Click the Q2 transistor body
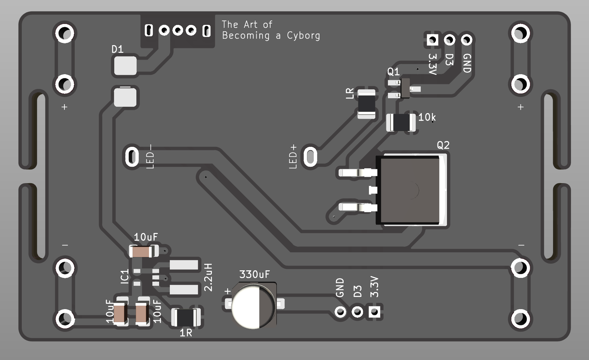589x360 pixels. (410, 190)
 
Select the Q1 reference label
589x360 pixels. (393, 72)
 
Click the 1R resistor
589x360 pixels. (186, 317)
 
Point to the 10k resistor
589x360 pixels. (401, 122)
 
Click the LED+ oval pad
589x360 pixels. (310, 157)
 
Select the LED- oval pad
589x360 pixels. (132, 157)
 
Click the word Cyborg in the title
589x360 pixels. (303, 36)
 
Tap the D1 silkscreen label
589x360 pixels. (117, 49)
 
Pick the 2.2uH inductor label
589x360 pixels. (208, 277)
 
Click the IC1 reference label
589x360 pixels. (125, 277)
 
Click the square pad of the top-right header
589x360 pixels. (432, 40)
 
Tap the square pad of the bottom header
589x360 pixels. (374, 312)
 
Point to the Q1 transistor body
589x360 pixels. (405, 88)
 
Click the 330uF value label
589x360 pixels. (254, 274)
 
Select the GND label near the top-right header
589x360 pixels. (467, 63)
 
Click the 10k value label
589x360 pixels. (427, 117)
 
